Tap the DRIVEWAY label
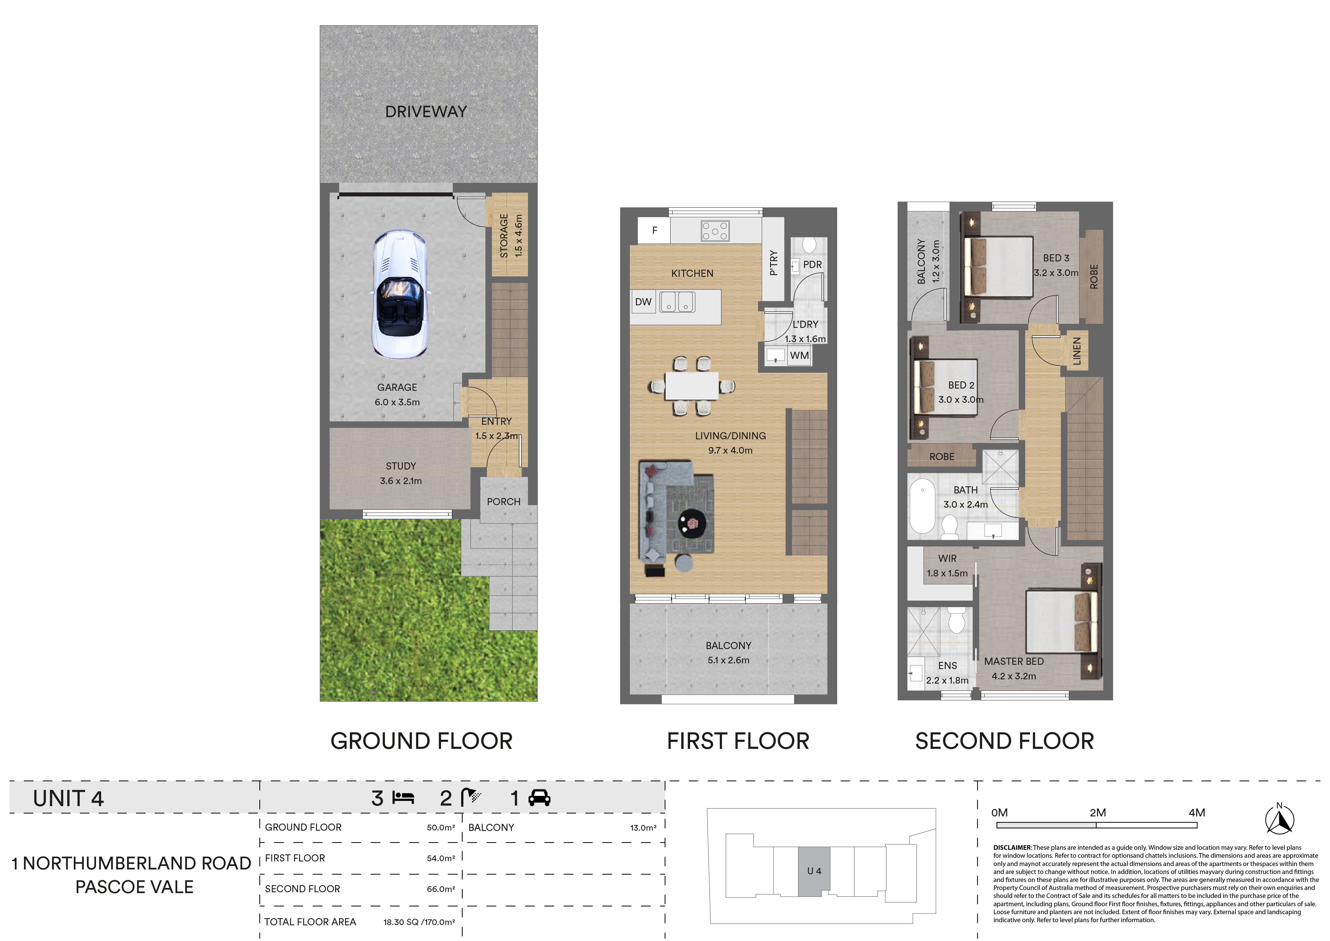pos(426,112)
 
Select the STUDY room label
pos(401,466)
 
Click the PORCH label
pos(503,502)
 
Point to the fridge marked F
pos(654,230)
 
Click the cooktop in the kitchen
pos(715,231)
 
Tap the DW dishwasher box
pos(644,302)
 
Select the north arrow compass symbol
pos(1280,819)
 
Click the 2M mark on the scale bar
pos(1097,813)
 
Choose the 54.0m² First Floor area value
pos(441,858)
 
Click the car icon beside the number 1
pos(539,798)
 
